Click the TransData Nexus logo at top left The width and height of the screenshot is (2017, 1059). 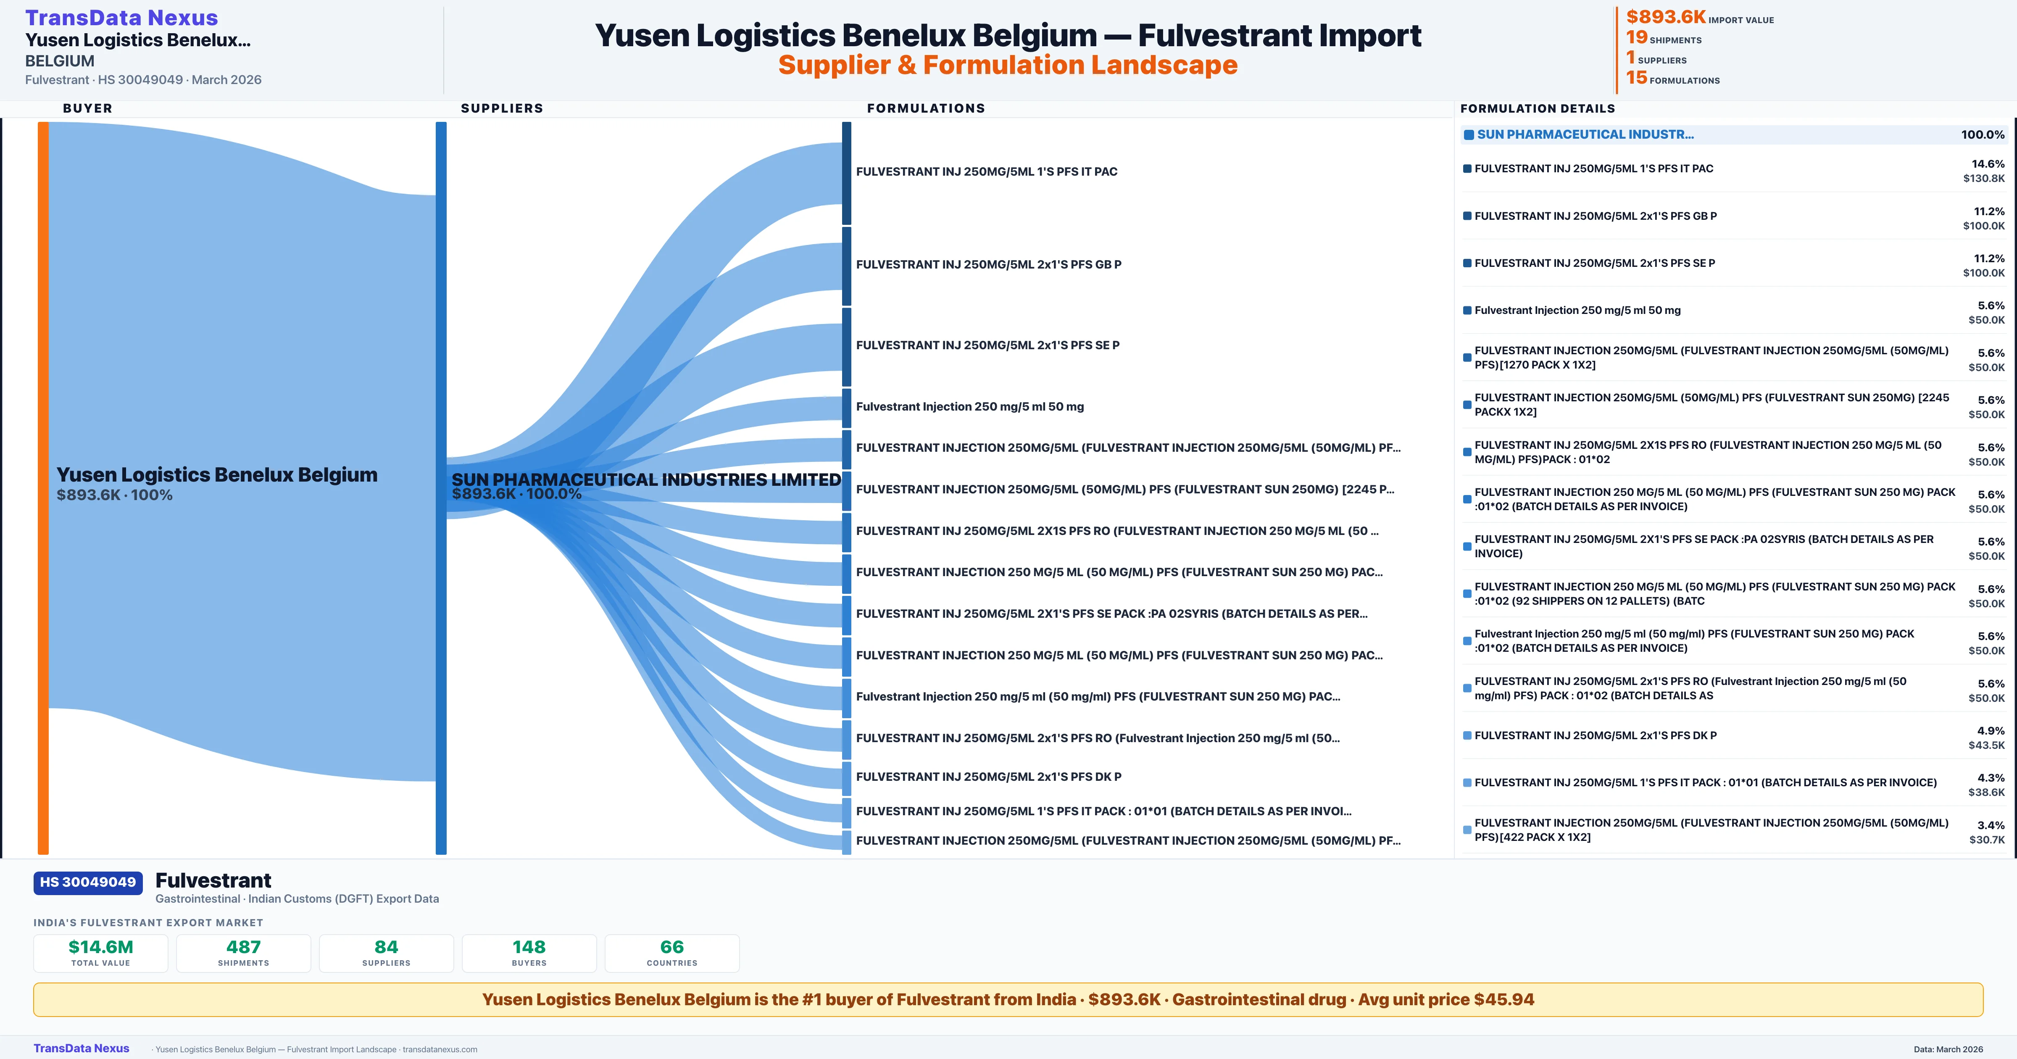click(121, 18)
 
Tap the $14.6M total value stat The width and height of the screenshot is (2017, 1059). click(101, 947)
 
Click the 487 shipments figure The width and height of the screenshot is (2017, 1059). click(244, 947)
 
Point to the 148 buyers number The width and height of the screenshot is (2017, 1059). click(529, 947)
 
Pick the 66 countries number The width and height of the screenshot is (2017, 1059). click(672, 947)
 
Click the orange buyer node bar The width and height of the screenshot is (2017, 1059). click(43, 487)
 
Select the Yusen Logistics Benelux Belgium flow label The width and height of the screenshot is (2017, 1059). click(217, 475)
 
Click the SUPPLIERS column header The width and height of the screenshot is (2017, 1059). click(502, 108)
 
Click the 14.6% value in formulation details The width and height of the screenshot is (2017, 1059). click(1988, 164)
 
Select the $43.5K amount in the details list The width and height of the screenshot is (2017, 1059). click(1986, 745)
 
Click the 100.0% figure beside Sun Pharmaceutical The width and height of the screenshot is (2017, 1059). click(1983, 135)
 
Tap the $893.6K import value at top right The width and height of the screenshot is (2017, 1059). click(1665, 16)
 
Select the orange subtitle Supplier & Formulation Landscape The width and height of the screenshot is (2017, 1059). click(1008, 65)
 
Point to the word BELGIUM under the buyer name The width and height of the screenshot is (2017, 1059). click(60, 61)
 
